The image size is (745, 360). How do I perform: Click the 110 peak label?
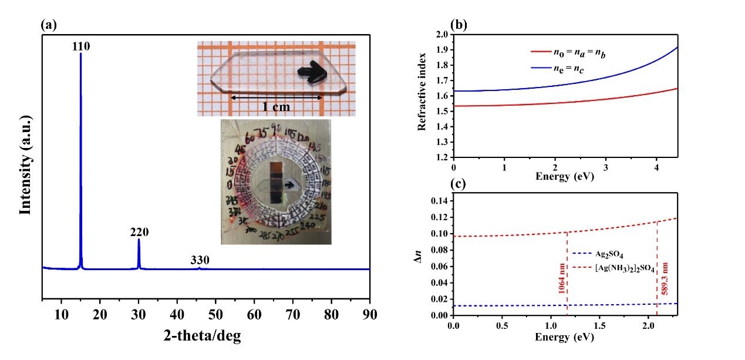[81, 46]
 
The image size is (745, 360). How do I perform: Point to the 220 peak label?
[139, 232]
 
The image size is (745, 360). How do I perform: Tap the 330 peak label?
[200, 260]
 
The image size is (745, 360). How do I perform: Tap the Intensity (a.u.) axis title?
[25, 166]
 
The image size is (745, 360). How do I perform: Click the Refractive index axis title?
[423, 96]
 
